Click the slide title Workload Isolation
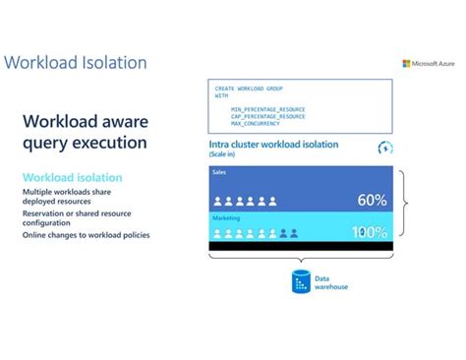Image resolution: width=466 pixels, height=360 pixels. click(x=76, y=63)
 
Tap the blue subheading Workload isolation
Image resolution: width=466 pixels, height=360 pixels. click(x=72, y=177)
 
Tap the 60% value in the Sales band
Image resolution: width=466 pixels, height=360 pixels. click(x=372, y=201)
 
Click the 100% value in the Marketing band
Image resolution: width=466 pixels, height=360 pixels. click(x=371, y=233)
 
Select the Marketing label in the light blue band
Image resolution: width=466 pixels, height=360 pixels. click(x=226, y=217)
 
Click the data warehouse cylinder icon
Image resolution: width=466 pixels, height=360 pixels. click(x=302, y=282)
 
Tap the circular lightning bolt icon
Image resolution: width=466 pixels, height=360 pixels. click(x=384, y=149)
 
